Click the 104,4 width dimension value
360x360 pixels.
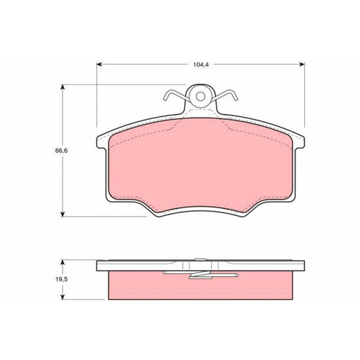pyautogui.click(x=200, y=65)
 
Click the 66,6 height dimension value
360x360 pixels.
pyautogui.click(x=61, y=151)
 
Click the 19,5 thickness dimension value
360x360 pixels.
pyautogui.click(x=61, y=279)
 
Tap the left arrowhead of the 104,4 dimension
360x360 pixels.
pyautogui.click(x=99, y=65)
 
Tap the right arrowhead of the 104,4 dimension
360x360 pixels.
pyautogui.click(x=302, y=65)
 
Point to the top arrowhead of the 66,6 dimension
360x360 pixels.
pyautogui.click(x=62, y=87)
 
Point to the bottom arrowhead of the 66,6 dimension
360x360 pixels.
pyautogui.click(x=62, y=214)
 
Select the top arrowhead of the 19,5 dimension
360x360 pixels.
pyautogui.click(x=62, y=263)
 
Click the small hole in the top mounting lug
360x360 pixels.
pyautogui.click(x=200, y=96)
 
